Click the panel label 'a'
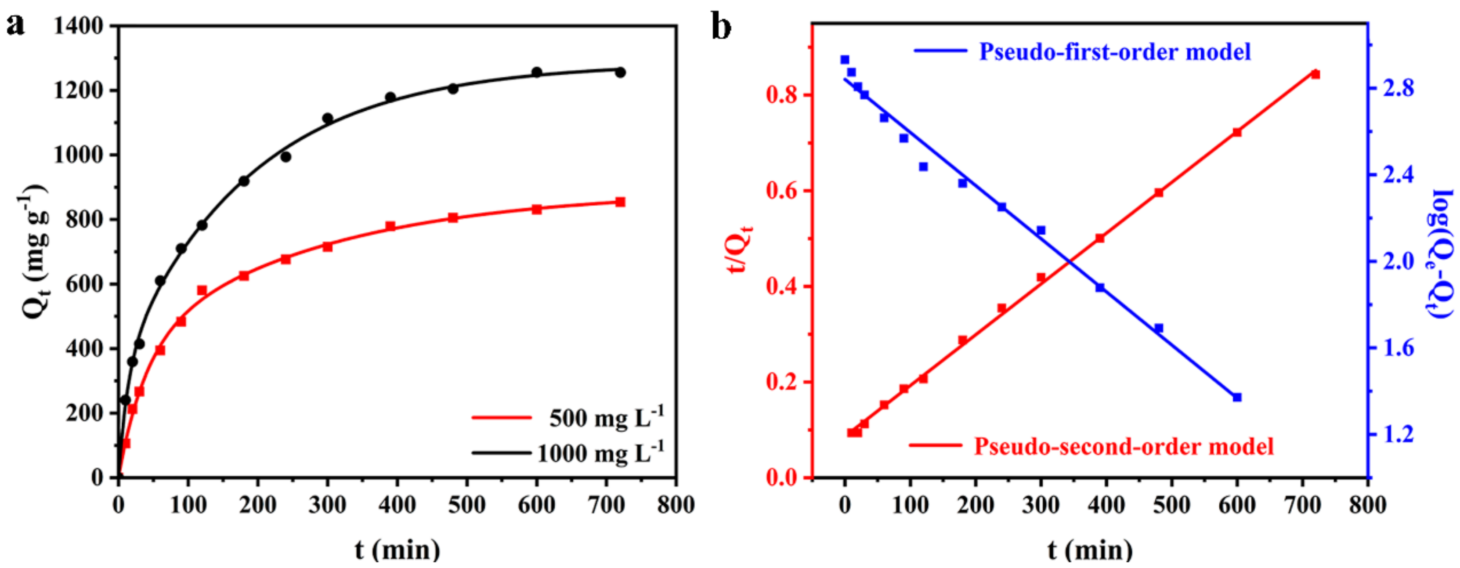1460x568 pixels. tap(15, 26)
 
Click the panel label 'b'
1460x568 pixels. tap(720, 27)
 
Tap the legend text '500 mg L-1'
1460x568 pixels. tap(606, 418)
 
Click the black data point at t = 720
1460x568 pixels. tap(620, 72)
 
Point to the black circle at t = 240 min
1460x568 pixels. tap(285, 157)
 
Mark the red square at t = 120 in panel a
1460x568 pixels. tap(202, 291)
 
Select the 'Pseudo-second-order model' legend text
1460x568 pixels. tap(1124, 447)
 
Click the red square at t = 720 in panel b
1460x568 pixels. tap(1315, 74)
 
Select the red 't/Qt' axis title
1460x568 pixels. tap(740, 250)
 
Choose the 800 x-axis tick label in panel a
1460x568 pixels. tap(676, 504)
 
